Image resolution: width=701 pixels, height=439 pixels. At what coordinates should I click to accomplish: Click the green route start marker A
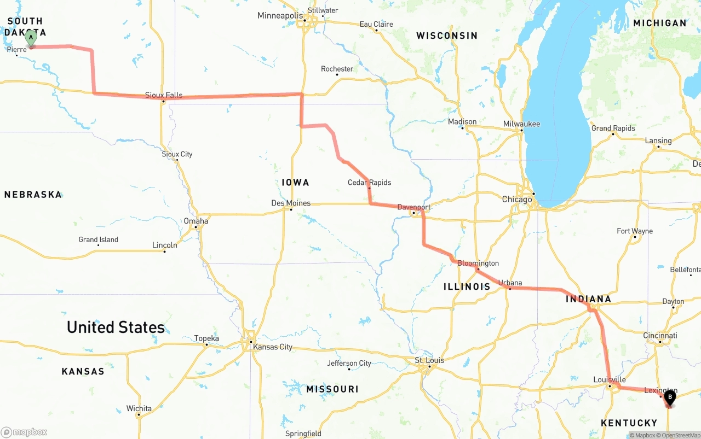click(31, 38)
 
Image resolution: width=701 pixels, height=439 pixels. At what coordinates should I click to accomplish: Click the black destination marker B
click(669, 397)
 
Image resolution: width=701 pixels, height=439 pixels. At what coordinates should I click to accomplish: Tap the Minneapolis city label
click(280, 15)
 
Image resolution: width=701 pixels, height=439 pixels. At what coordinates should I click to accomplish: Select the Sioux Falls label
click(164, 95)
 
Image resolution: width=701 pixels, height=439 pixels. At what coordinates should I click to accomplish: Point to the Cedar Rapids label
click(370, 182)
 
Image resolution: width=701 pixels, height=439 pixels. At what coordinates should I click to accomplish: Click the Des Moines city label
click(291, 203)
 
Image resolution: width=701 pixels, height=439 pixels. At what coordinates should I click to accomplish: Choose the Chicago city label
click(517, 199)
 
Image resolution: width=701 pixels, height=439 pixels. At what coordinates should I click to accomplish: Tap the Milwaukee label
click(521, 124)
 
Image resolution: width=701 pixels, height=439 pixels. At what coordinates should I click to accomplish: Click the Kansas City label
click(272, 347)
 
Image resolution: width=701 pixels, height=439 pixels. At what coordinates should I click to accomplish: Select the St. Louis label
click(429, 360)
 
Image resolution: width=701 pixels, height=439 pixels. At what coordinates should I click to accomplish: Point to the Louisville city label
click(609, 379)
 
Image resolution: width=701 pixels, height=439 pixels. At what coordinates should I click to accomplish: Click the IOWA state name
click(296, 182)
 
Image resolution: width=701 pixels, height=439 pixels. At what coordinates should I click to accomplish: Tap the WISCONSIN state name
click(447, 36)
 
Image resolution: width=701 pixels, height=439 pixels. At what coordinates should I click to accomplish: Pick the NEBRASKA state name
click(33, 194)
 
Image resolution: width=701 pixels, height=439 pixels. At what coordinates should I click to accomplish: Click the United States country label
click(116, 327)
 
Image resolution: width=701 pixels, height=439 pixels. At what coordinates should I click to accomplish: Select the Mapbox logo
click(24, 432)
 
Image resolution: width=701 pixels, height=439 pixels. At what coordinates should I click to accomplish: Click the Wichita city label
click(139, 408)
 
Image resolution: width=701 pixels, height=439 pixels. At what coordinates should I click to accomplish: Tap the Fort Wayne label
click(635, 231)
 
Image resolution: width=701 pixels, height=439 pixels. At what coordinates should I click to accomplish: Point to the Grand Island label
click(98, 239)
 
